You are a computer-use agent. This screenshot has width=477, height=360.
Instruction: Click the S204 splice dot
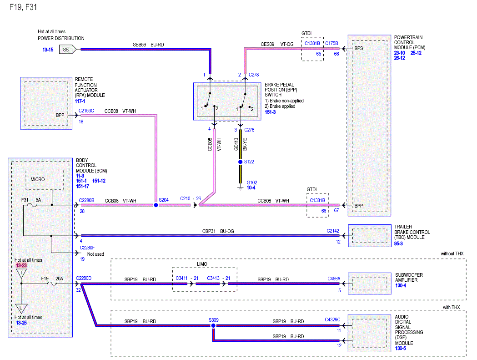[x=156, y=205]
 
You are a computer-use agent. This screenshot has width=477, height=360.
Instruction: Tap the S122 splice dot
[x=241, y=162]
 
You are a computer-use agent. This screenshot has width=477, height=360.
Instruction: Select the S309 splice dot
[x=213, y=325]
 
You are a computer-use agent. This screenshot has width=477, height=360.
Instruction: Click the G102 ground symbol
[x=241, y=188]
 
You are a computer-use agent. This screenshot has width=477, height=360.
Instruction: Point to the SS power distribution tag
[x=68, y=49]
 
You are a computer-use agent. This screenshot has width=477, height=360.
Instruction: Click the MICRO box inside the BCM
[x=45, y=179]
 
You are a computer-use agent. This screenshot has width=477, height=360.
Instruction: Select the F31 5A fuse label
[x=31, y=200]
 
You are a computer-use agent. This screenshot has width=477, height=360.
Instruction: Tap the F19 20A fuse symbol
[x=52, y=284]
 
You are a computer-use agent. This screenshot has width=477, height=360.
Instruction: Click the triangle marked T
[x=21, y=273]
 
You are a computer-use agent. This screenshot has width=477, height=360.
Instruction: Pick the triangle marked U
[x=21, y=308]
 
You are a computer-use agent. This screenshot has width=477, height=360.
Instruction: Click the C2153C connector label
[x=86, y=111]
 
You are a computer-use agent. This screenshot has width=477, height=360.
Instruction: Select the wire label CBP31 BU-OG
[x=218, y=231]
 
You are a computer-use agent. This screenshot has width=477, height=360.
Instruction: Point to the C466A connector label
[x=334, y=279]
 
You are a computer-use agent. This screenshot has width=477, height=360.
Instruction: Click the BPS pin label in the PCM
[x=359, y=48]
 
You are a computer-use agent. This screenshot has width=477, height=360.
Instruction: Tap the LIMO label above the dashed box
[x=202, y=264]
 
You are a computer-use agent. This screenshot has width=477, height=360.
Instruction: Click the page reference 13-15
[x=48, y=50]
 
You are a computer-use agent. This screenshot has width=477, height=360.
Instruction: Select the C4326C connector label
[x=332, y=319]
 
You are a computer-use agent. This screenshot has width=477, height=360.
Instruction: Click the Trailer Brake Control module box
[x=370, y=236]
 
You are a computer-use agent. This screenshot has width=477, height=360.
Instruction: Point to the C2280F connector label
[x=87, y=248]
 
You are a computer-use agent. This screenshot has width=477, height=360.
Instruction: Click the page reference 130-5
[x=400, y=348]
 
